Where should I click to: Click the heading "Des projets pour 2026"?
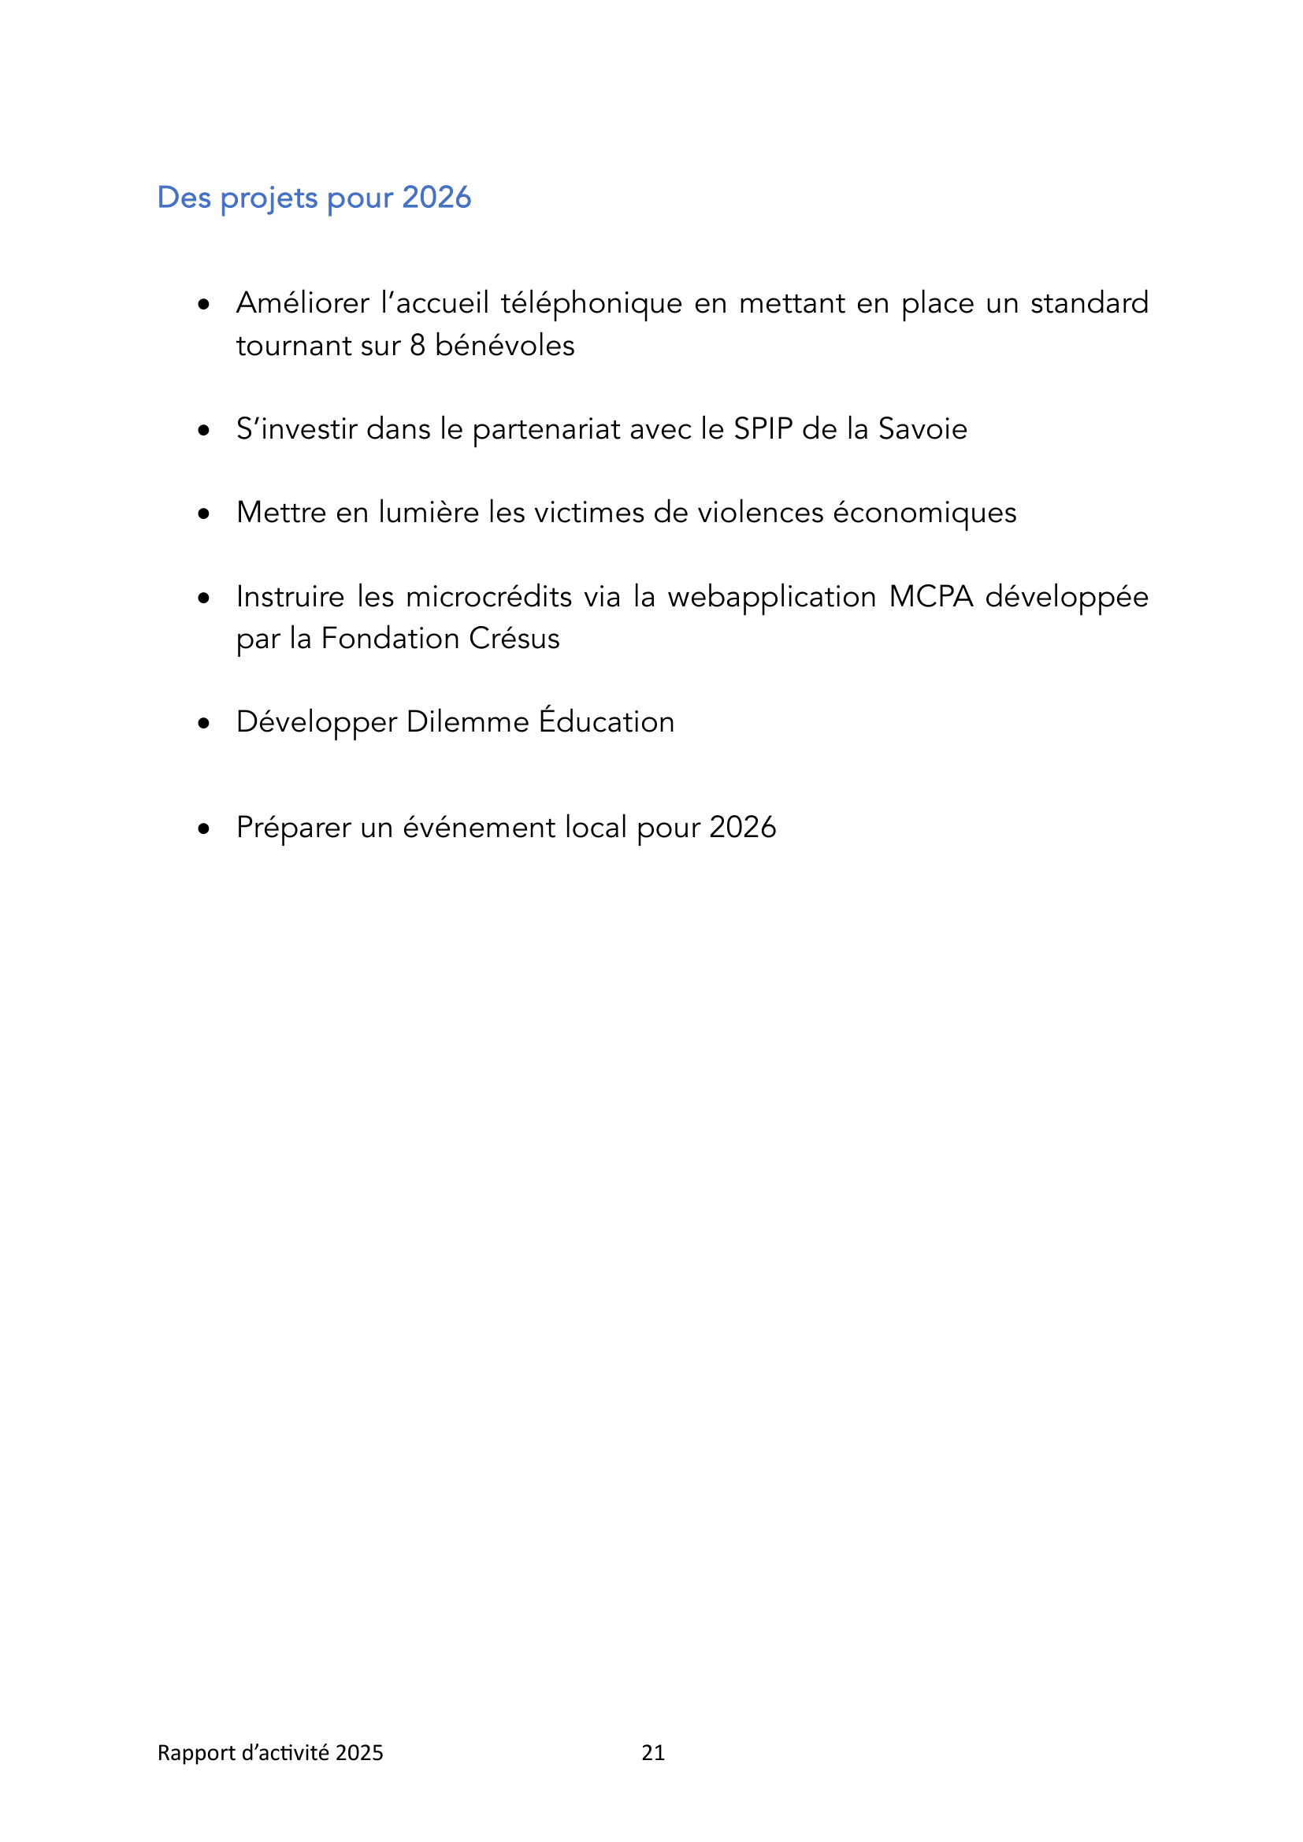pyautogui.click(x=314, y=198)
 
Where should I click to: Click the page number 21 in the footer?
pyautogui.click(x=653, y=1753)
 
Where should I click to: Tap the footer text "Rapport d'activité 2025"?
pyautogui.click(x=269, y=1753)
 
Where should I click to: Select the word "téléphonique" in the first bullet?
pyautogui.click(x=592, y=304)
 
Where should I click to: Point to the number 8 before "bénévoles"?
pyautogui.click(x=418, y=346)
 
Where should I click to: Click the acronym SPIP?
pyautogui.click(x=763, y=429)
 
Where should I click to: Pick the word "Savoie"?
pyautogui.click(x=922, y=429)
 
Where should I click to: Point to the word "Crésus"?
pyautogui.click(x=514, y=639)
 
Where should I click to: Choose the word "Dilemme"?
pyautogui.click(x=468, y=722)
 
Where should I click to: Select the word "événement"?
pyautogui.click(x=478, y=828)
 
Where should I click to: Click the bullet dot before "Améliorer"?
pyautogui.click(x=204, y=305)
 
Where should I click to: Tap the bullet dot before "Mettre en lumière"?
pyautogui.click(x=204, y=513)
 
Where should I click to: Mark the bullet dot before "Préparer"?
pyautogui.click(x=204, y=828)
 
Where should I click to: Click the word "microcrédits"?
pyautogui.click(x=488, y=597)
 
